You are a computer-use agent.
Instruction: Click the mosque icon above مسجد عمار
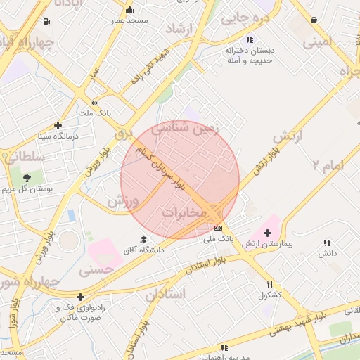click(129, 10)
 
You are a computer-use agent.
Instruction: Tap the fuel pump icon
click(46, 22)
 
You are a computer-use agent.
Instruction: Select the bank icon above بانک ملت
click(94, 103)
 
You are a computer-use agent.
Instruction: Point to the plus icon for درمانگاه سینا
click(58, 125)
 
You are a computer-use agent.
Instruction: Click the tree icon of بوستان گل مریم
click(27, 178)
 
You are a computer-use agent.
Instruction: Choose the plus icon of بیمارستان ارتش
click(267, 233)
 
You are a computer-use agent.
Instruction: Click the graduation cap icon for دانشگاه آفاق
click(144, 240)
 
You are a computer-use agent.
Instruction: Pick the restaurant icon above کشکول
click(270, 285)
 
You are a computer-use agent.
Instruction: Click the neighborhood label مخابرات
click(184, 212)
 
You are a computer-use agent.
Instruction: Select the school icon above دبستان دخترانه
click(249, 40)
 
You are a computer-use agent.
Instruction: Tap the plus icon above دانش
click(327, 242)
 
